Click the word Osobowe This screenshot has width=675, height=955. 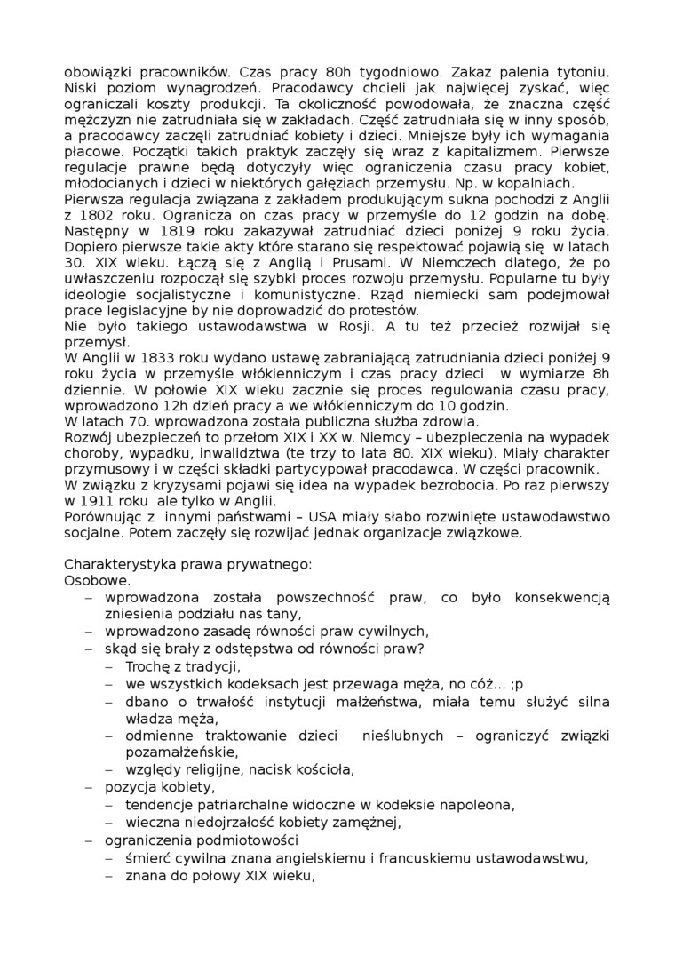click(x=97, y=581)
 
